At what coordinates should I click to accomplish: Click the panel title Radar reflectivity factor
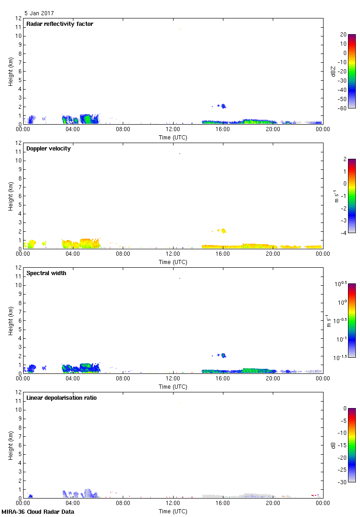[x=60, y=24]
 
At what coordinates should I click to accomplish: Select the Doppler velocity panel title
[x=48, y=149]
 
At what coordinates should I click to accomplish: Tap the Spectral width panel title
[x=47, y=273]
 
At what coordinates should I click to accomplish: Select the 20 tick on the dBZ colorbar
[x=343, y=35]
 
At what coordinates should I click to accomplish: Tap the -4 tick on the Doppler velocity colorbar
[x=343, y=232]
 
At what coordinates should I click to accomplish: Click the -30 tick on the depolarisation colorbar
[x=343, y=481]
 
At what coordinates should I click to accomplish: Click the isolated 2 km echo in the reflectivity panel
[x=223, y=106]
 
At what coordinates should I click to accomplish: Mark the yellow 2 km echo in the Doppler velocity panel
[x=223, y=230]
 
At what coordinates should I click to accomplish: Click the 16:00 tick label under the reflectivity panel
[x=223, y=129]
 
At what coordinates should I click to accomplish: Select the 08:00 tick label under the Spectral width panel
[x=123, y=379]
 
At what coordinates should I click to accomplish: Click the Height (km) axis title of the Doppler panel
[x=11, y=196]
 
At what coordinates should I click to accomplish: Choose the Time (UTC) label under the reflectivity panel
[x=173, y=138]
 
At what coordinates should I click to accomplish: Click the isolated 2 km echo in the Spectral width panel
[x=223, y=355]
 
